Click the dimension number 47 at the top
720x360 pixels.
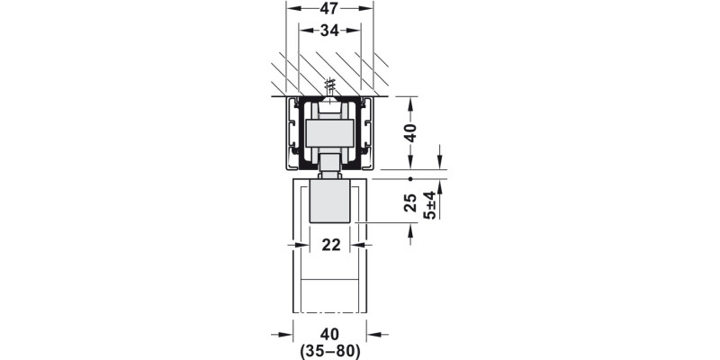point(329,11)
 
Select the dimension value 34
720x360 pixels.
point(329,32)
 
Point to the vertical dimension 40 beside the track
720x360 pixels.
point(410,133)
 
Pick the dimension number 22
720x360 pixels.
point(330,244)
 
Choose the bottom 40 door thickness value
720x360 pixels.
point(329,335)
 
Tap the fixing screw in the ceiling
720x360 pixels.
point(330,87)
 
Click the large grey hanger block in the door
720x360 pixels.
point(330,201)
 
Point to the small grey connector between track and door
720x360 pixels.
point(330,166)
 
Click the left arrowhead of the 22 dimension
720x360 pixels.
point(304,244)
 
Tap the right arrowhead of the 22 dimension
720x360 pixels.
point(357,244)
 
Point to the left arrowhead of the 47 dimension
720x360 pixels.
point(292,11)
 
